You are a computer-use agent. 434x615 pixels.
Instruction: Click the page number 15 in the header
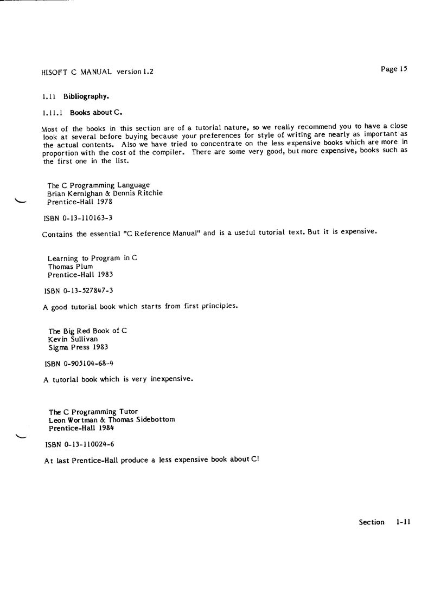click(x=402, y=69)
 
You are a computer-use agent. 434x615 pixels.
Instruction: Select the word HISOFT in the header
click(x=53, y=72)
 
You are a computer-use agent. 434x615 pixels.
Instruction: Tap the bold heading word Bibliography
click(x=90, y=97)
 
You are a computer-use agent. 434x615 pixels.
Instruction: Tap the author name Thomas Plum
click(x=71, y=267)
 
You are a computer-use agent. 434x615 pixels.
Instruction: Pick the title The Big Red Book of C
click(x=88, y=331)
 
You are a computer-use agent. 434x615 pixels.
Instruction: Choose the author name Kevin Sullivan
click(x=73, y=339)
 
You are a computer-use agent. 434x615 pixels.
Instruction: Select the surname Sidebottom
click(x=152, y=419)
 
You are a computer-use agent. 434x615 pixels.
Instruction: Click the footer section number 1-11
click(x=403, y=522)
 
